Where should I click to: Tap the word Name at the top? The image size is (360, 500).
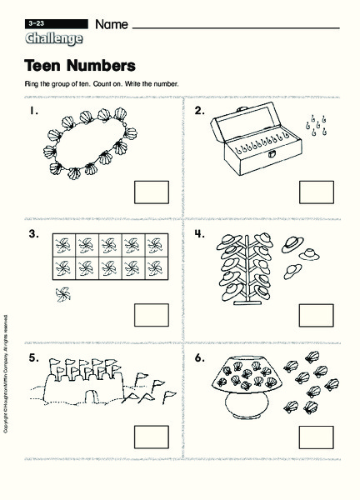[x=112, y=25]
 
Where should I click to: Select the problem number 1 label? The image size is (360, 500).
[x=31, y=110]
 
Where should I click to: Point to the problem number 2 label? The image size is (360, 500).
[x=200, y=110]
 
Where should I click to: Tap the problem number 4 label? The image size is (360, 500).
[x=200, y=234]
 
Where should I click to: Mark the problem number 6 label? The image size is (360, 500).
[x=200, y=357]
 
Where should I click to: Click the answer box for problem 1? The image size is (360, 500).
[x=151, y=192]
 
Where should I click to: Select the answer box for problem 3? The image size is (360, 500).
[x=151, y=315]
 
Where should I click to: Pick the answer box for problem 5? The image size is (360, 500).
[x=151, y=437]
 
